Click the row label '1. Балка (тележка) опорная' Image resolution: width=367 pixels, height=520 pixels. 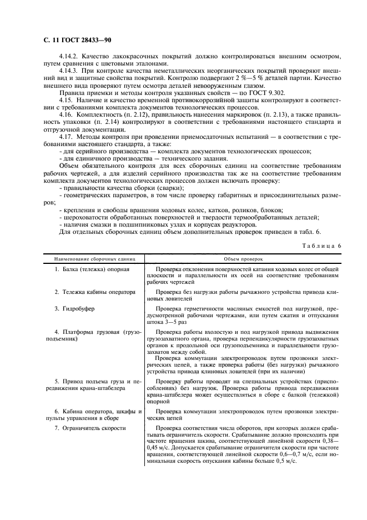92,269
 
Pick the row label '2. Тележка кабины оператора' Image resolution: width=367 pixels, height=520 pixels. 95,292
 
